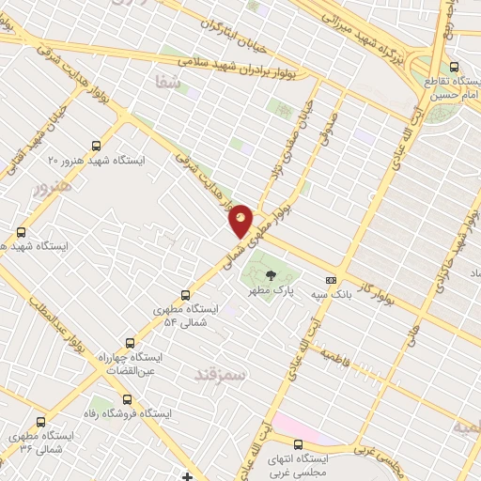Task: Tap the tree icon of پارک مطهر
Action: (272, 275)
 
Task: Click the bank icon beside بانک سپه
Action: (330, 280)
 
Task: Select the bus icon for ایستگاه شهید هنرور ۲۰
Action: (96, 146)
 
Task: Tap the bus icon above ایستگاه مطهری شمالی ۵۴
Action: (184, 294)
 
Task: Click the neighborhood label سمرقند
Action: (219, 375)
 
